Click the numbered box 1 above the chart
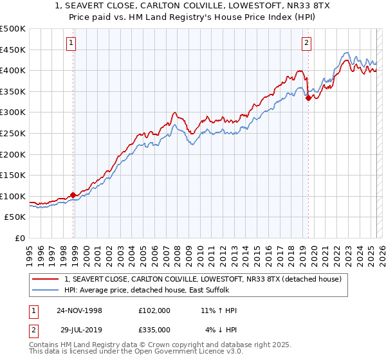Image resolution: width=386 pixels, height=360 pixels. (70, 44)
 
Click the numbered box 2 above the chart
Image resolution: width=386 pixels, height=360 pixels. (306, 44)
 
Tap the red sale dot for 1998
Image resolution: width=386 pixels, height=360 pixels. (73, 195)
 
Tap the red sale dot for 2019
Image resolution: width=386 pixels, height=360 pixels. (308, 98)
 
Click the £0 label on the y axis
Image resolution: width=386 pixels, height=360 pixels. (20, 238)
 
